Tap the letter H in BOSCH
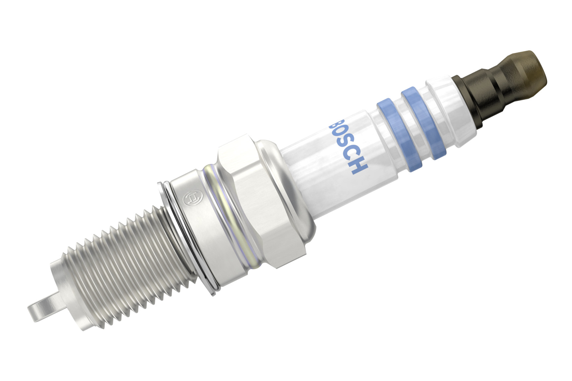point(359,166)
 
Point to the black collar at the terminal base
point(467,102)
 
